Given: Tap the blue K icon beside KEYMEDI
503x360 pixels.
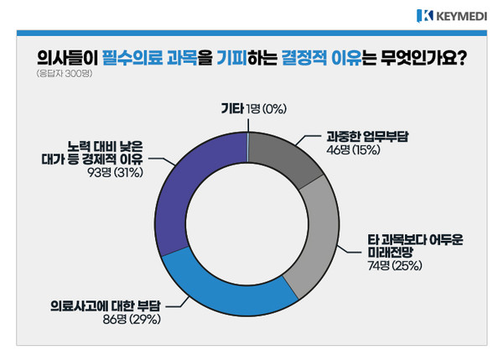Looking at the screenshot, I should click(423, 14).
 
